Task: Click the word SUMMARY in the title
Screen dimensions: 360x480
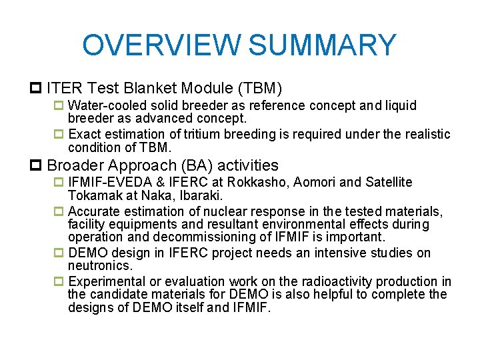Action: pos(323,45)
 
